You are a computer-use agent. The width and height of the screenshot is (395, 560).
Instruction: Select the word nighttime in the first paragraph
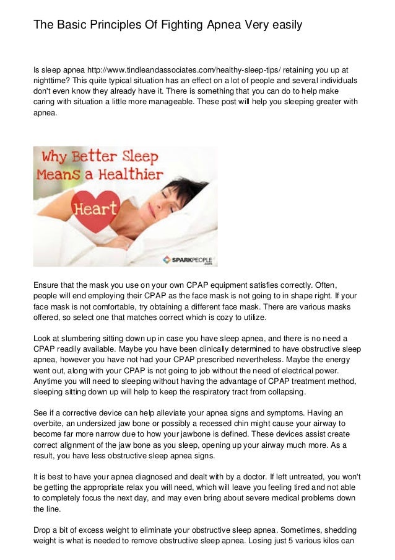tap(53, 81)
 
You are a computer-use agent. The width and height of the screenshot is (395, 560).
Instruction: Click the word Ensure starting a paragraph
tap(48, 285)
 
